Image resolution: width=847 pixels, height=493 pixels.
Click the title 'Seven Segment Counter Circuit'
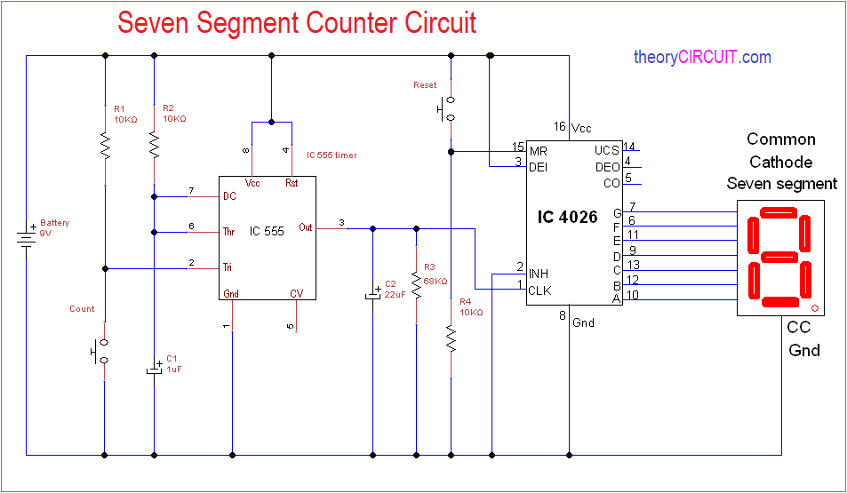[x=297, y=23]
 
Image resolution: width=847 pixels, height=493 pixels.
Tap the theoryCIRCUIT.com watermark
[x=702, y=58]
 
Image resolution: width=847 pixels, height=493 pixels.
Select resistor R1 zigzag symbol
[x=106, y=144]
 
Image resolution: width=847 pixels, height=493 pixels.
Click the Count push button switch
[x=100, y=351]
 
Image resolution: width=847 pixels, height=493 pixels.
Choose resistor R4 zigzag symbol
[x=451, y=338]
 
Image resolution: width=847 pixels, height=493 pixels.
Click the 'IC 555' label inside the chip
[x=267, y=232]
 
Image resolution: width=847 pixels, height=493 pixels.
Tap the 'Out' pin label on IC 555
[x=306, y=227]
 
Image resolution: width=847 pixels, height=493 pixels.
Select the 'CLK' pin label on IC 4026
[x=539, y=290]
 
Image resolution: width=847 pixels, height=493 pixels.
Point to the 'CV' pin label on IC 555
[x=296, y=294]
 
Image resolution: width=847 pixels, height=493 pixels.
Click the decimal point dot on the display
[x=814, y=308]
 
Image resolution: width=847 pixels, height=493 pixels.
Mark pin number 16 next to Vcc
[x=559, y=126]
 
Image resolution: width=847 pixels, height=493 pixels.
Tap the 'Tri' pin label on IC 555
[x=228, y=266]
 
